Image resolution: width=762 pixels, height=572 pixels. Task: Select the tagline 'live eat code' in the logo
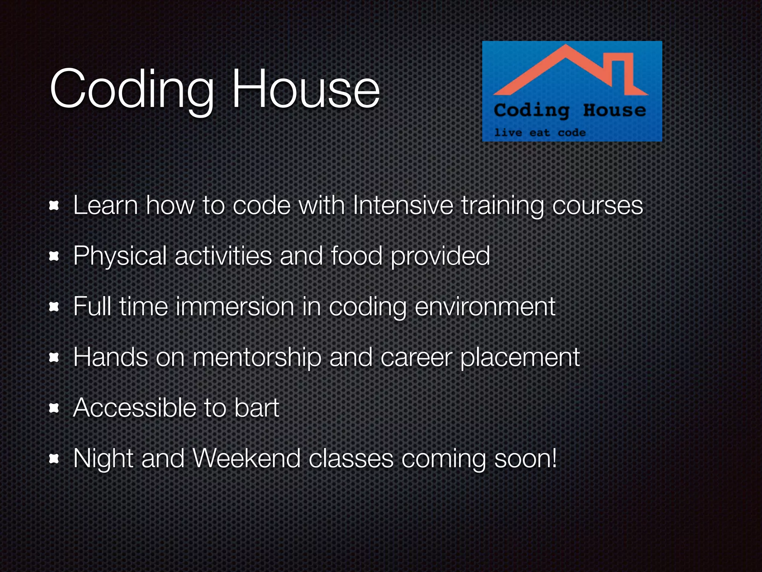click(540, 133)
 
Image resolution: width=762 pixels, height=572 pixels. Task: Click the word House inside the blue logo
click(614, 110)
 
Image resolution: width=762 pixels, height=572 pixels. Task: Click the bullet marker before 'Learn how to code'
click(54, 206)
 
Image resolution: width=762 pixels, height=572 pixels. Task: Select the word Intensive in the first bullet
click(403, 205)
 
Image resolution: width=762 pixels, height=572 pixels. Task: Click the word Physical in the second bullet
click(120, 256)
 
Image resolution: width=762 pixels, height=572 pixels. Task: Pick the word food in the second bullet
click(356, 256)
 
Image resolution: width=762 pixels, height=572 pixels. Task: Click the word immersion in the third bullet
click(235, 306)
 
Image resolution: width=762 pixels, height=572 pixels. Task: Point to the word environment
click(484, 307)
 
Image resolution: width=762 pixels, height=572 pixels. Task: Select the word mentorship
click(257, 357)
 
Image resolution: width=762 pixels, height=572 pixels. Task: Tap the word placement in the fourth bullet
click(520, 357)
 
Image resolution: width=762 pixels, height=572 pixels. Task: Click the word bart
click(256, 408)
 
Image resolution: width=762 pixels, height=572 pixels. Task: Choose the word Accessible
click(134, 408)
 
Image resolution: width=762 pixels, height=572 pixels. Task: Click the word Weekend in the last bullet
click(247, 458)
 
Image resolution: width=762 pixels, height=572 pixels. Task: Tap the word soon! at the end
click(525, 458)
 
